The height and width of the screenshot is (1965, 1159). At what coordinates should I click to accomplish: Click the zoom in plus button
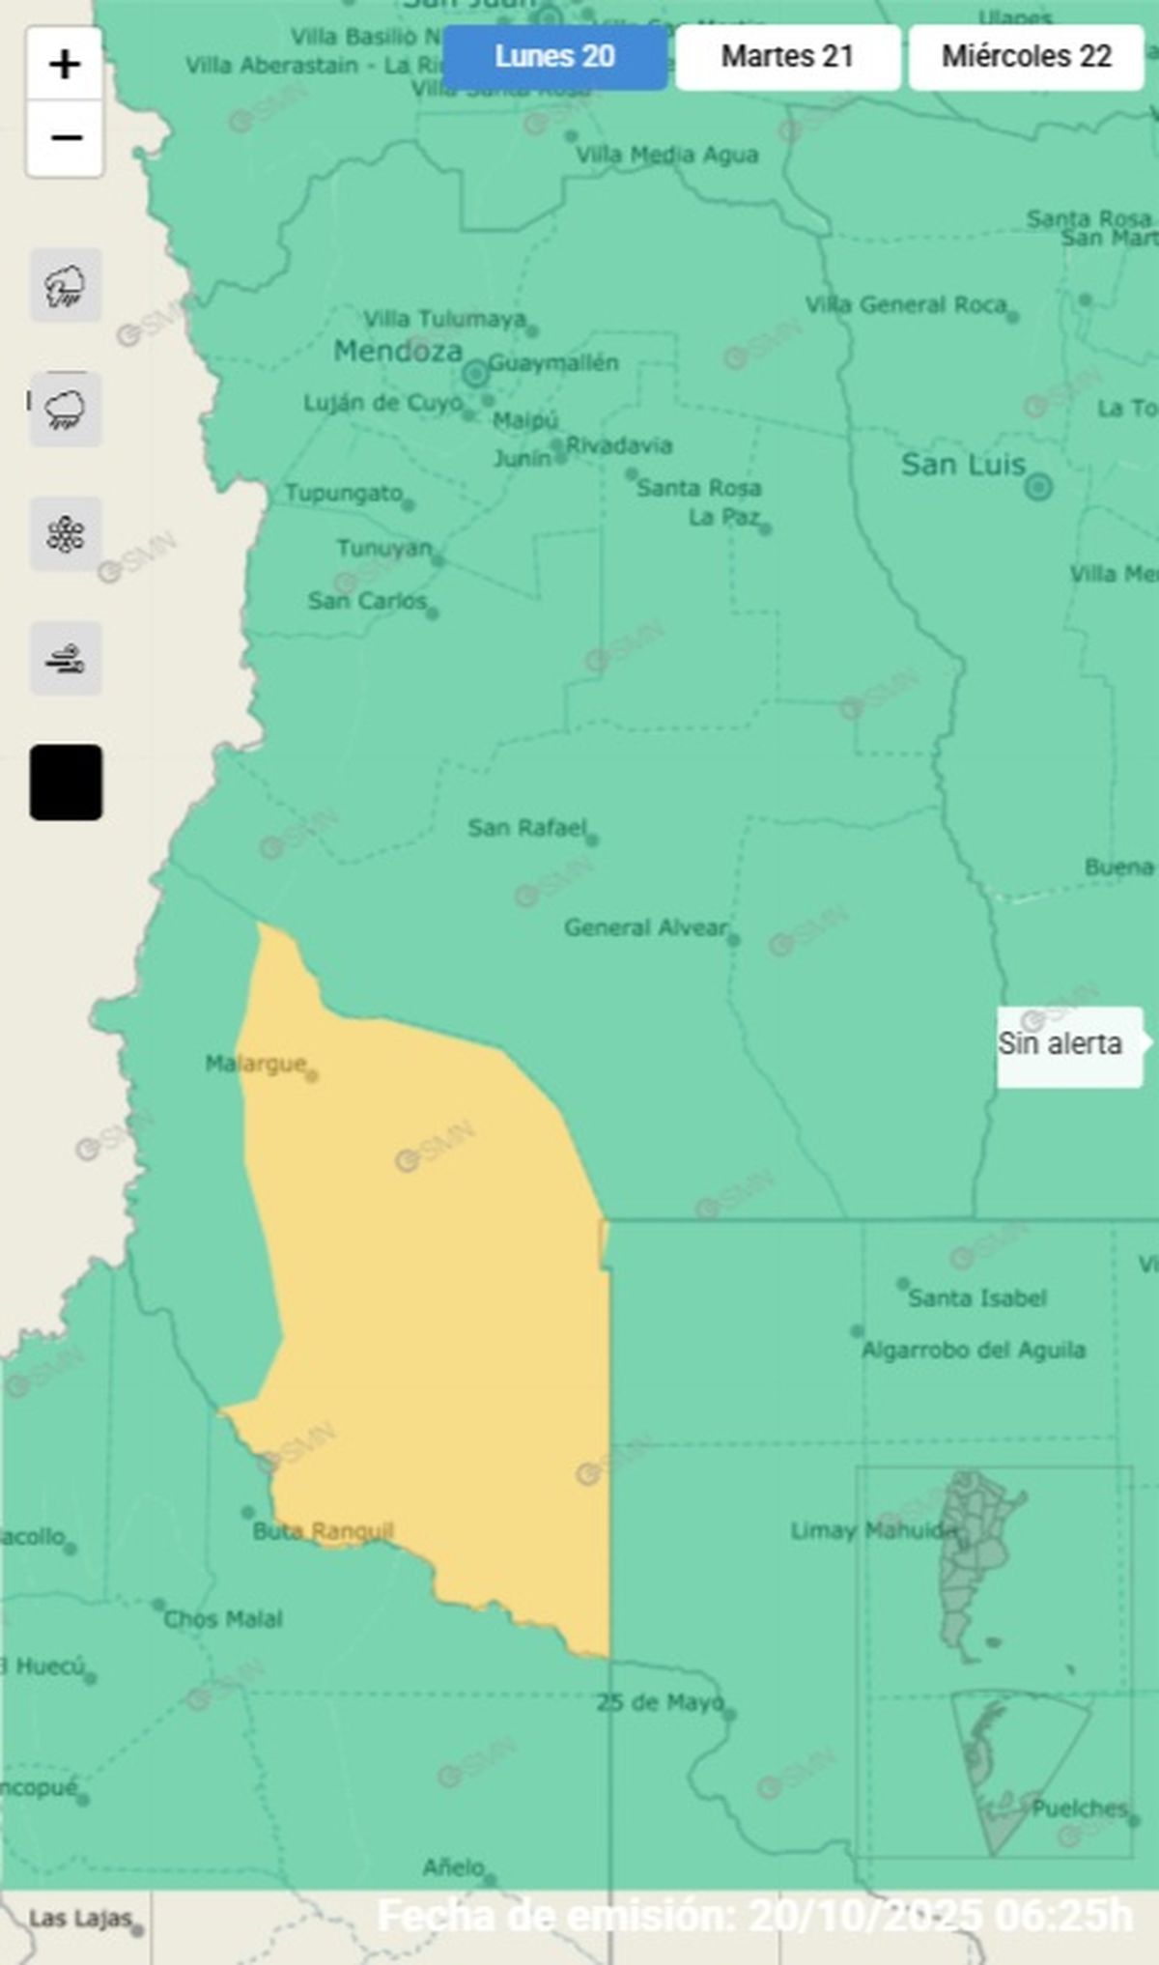(65, 65)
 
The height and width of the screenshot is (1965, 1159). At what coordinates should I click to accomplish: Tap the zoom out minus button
(65, 138)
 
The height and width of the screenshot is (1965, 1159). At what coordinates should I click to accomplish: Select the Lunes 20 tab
(554, 57)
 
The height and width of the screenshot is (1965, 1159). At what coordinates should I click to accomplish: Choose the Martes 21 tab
(787, 57)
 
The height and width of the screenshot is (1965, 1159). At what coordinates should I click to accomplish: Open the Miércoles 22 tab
(1026, 57)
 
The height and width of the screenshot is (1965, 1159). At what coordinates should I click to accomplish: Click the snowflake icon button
(66, 534)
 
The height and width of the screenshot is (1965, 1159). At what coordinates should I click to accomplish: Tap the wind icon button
(66, 659)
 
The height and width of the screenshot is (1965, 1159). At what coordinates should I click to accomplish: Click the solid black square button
(66, 783)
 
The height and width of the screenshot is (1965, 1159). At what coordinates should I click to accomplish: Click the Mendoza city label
(398, 352)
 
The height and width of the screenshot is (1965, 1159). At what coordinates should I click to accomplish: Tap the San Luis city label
(963, 466)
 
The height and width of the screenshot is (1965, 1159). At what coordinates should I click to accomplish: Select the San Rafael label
(527, 828)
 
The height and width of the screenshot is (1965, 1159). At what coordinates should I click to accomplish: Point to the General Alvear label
(645, 928)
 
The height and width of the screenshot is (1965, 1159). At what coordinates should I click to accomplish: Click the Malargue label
(256, 1065)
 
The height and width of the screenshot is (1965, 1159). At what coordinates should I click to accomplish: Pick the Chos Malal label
(223, 1620)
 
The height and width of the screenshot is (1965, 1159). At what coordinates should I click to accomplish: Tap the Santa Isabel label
(976, 1298)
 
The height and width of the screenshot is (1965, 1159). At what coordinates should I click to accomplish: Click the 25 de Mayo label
(660, 1703)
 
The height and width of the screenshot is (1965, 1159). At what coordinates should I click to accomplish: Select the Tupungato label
(344, 494)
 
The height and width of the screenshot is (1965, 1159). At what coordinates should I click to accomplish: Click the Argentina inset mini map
(994, 1662)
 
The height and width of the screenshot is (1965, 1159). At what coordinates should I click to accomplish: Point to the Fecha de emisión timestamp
(754, 1916)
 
